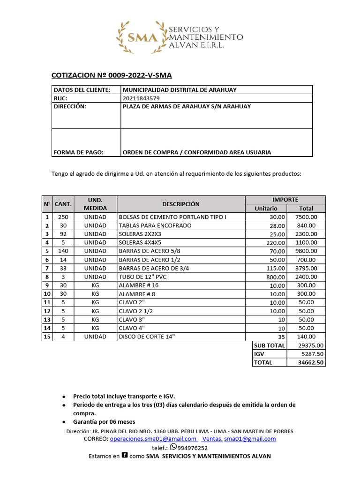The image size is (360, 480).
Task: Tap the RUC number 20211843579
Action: pos(141,98)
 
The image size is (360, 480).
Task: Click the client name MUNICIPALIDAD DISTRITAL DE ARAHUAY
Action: pos(180,90)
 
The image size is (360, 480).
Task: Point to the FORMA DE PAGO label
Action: pos(79,152)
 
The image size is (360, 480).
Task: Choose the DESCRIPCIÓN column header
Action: pos(181,204)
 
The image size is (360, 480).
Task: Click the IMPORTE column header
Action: pos(285,200)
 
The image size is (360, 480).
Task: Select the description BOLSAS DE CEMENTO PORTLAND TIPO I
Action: pos(172,217)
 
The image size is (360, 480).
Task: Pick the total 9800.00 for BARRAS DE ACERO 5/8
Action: pos(306,251)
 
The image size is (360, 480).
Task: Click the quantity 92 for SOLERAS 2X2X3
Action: pos(63,234)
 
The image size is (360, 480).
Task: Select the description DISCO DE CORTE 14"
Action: pos(149,337)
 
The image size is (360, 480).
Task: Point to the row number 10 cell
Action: pos(47,294)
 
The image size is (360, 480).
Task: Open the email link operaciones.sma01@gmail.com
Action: pos(153,439)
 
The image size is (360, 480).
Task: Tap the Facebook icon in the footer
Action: pos(125,455)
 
